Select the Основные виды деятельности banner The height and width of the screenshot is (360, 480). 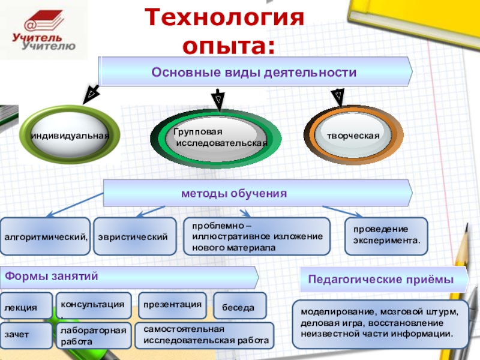pyautogui.click(x=254, y=72)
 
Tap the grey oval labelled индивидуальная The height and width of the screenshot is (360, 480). pyautogui.click(x=70, y=136)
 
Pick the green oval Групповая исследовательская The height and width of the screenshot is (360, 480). pyautogui.click(x=216, y=137)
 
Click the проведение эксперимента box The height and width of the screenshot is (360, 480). pyautogui.click(x=386, y=235)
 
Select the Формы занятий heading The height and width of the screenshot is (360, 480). pyautogui.click(x=129, y=277)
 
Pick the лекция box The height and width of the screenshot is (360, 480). pyautogui.click(x=26, y=307)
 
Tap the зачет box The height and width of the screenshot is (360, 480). pyautogui.click(x=26, y=335)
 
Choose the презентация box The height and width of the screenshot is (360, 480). pyautogui.click(x=173, y=305)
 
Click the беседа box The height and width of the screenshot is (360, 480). pyautogui.click(x=239, y=307)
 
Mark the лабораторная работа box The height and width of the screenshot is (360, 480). pyautogui.click(x=93, y=336)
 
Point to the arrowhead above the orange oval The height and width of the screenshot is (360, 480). pyautogui.click(x=338, y=94)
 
